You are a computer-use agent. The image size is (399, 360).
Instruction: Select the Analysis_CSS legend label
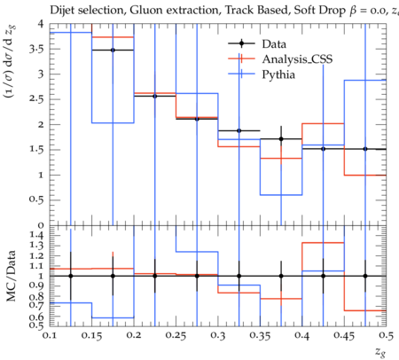pos(297,59)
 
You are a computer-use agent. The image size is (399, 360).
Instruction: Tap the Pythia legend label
pos(278,74)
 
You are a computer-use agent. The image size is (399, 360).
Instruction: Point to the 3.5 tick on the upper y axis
pos(36,49)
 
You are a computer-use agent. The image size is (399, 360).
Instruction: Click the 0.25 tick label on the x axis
pos(176,336)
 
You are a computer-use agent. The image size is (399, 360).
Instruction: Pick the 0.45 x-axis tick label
pos(344,336)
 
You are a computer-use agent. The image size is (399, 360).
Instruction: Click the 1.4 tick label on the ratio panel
pos(36,235)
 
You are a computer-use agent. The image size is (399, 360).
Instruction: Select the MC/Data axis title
pos(11,276)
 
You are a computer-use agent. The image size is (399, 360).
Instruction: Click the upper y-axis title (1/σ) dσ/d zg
pos(11,61)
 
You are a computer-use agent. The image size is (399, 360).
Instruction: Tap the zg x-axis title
pos(380,352)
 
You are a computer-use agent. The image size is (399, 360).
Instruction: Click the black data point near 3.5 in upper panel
pos(113,50)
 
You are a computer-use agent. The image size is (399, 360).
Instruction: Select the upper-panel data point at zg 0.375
pos(281,139)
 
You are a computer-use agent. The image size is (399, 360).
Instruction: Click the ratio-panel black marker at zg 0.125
pos(70,276)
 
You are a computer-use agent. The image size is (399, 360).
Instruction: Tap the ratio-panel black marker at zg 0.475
pos(365,276)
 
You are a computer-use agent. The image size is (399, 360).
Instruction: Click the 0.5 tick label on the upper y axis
pos(36,200)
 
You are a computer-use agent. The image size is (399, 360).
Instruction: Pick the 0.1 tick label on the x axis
pos(50,336)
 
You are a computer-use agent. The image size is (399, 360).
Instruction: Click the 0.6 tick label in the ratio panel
pos(36,317)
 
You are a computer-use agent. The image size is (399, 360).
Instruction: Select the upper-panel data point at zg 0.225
pos(154,96)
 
